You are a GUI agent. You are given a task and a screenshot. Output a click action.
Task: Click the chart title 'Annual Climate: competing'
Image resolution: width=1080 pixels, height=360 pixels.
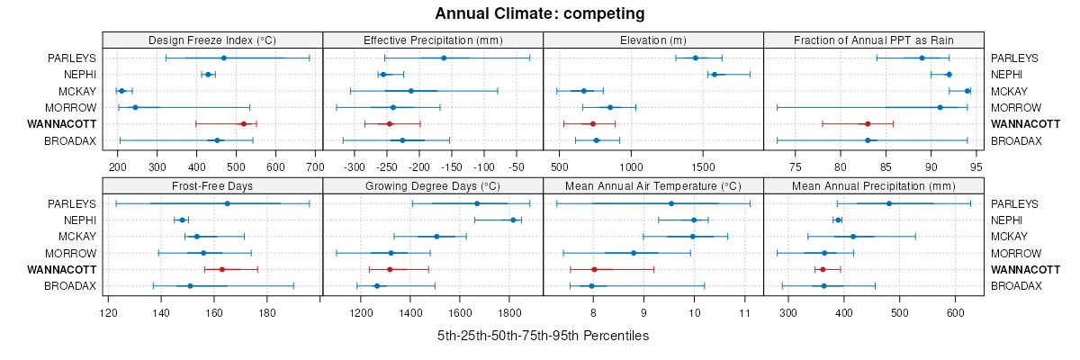[540, 13]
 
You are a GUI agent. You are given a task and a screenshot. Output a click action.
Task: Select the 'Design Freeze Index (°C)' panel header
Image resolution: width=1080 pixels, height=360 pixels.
[212, 40]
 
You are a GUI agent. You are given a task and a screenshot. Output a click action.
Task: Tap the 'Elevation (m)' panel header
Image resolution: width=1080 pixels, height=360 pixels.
[653, 40]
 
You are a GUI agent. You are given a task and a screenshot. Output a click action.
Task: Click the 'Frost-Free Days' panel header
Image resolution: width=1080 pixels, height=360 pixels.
[212, 186]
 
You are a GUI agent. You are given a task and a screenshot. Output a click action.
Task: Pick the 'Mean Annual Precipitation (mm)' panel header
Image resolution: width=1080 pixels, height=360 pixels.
[873, 186]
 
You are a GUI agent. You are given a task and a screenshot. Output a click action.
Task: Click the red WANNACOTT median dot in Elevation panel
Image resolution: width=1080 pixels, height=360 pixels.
[592, 124]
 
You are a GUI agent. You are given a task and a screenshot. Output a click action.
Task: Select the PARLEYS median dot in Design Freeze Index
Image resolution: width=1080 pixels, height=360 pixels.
[224, 58]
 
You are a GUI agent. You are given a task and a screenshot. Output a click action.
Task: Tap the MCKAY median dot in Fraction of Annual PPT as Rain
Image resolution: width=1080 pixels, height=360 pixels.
[967, 91]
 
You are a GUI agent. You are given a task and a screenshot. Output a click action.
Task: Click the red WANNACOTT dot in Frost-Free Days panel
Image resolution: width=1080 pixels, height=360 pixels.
[221, 269]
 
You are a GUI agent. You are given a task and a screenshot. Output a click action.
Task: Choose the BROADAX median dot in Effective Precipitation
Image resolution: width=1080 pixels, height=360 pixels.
[402, 140]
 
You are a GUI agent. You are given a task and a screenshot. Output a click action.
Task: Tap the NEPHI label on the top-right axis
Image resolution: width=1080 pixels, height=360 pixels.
[1006, 75]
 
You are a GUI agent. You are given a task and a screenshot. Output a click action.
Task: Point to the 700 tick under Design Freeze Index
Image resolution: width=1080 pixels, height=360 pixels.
[314, 166]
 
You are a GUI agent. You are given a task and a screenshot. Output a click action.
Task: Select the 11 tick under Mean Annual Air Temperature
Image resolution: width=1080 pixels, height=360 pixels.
[744, 312]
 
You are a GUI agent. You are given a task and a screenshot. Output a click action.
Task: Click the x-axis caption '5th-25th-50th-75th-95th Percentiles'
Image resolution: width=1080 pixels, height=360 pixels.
[543, 336]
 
